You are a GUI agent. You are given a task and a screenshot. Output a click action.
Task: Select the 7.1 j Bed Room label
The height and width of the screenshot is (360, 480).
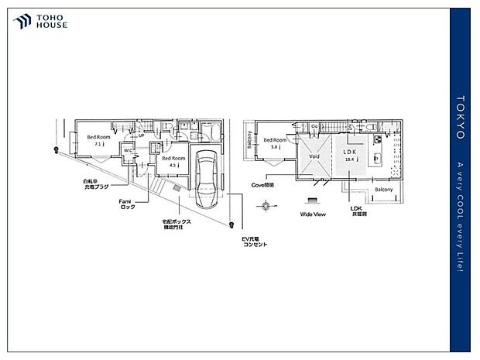(x=98, y=140)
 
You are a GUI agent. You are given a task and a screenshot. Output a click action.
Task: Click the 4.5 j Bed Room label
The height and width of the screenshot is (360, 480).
(x=173, y=161)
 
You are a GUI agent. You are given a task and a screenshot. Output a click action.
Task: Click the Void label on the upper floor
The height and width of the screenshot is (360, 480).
(x=314, y=156)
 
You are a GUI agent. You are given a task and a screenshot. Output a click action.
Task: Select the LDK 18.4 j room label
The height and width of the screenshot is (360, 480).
(x=348, y=154)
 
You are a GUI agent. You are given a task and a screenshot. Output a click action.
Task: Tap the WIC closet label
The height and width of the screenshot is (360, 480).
(x=126, y=150)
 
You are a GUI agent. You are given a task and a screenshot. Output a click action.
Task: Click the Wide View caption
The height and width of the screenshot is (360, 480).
(x=312, y=214)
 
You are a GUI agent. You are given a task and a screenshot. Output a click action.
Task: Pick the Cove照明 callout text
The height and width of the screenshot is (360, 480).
(x=263, y=186)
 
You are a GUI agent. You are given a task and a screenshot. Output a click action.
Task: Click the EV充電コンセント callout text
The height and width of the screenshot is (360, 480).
(x=254, y=241)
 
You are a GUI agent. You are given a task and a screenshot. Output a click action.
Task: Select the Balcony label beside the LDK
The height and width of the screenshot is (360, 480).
(x=383, y=190)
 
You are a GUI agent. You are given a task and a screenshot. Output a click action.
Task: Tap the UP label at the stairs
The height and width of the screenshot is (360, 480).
(x=142, y=136)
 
